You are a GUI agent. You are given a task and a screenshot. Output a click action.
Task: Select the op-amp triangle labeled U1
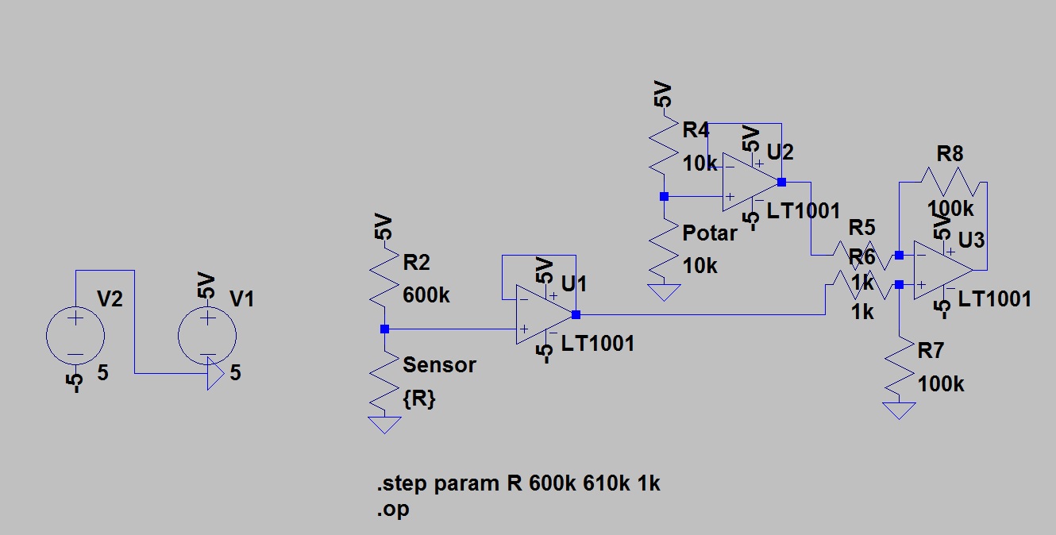541,314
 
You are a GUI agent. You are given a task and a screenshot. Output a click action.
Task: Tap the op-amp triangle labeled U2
748,183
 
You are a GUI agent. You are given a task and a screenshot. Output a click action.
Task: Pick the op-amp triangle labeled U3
940,269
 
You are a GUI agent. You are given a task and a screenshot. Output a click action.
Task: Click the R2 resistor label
417,263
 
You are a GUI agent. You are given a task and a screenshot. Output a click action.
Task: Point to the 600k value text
426,295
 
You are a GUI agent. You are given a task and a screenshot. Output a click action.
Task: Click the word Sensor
439,365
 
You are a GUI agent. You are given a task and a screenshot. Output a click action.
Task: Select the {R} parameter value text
419,399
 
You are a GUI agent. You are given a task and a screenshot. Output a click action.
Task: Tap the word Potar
709,233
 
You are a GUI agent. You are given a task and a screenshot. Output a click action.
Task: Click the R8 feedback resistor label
950,153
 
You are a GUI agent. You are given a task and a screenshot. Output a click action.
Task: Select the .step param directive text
518,483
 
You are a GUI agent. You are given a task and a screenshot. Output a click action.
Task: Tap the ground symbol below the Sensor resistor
386,424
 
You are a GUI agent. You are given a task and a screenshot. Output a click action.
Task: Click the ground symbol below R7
899,410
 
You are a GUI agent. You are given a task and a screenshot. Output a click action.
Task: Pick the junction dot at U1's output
576,314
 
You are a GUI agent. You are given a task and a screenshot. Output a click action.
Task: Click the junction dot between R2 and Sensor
385,329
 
